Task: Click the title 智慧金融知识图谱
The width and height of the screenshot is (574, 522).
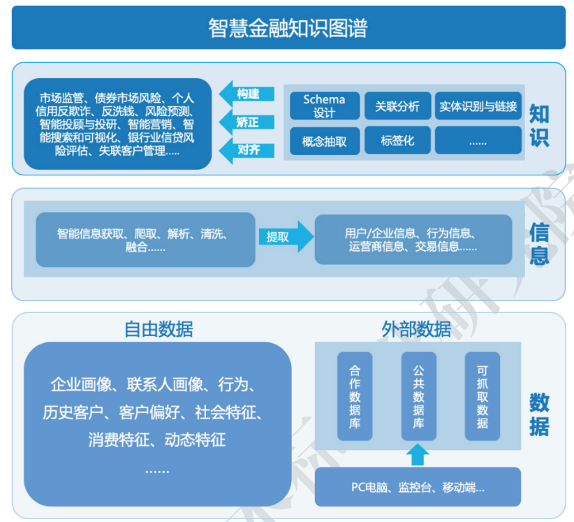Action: click(x=288, y=28)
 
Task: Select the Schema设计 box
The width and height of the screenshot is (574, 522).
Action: click(x=324, y=106)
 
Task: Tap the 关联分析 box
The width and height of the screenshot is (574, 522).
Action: click(x=397, y=106)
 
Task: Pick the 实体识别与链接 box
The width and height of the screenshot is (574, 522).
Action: click(x=478, y=106)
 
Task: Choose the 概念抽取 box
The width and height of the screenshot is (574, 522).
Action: click(x=324, y=140)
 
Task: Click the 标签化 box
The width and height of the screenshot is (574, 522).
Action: click(x=397, y=140)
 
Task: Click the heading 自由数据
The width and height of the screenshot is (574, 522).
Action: click(x=159, y=328)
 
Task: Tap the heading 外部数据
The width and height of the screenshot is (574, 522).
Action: click(x=416, y=328)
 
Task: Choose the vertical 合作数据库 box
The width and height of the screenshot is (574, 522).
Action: click(x=355, y=396)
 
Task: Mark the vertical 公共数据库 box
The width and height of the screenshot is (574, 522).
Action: click(x=418, y=396)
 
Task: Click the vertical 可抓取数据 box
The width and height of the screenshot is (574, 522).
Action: click(x=483, y=396)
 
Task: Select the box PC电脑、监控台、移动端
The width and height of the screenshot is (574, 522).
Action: click(x=418, y=487)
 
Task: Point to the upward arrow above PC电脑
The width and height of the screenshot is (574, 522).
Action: click(x=418, y=454)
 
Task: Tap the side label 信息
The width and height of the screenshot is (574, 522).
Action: click(x=539, y=243)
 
